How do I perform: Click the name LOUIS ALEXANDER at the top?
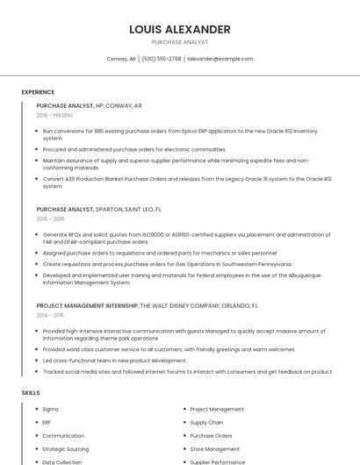179,30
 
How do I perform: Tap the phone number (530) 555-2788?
162,59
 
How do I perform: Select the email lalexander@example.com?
220,59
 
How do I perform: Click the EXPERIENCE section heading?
38,92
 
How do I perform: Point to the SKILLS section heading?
31,393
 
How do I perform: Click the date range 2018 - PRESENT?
55,115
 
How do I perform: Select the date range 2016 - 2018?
50,219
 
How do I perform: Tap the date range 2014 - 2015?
50,315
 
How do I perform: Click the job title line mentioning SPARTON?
98,210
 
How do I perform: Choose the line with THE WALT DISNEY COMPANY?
147,306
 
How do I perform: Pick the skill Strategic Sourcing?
67,448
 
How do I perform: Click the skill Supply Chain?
206,422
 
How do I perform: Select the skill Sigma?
50,409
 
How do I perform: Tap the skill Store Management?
215,448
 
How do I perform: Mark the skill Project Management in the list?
217,409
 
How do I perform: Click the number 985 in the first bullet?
98,131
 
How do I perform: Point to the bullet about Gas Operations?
167,263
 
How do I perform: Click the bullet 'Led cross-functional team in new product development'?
114,361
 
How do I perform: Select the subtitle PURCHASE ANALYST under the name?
179,41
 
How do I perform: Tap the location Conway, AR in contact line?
121,59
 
